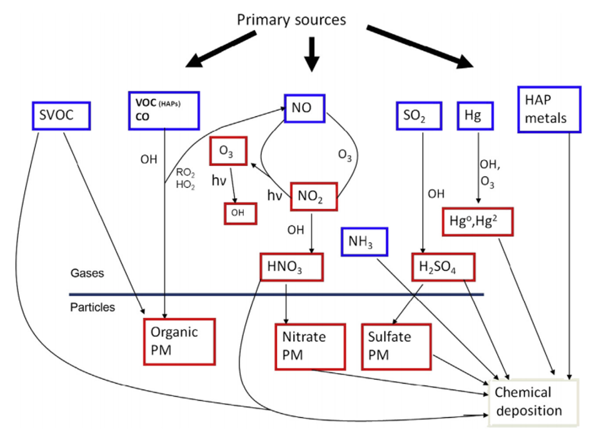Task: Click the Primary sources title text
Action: pyautogui.click(x=291, y=20)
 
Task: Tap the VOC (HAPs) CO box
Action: pyautogui.click(x=164, y=111)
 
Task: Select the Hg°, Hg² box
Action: pyautogui.click(x=477, y=220)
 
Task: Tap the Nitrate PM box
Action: pyautogui.click(x=310, y=346)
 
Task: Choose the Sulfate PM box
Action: pyautogui.click(x=396, y=346)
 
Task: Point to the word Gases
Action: pyautogui.click(x=87, y=274)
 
